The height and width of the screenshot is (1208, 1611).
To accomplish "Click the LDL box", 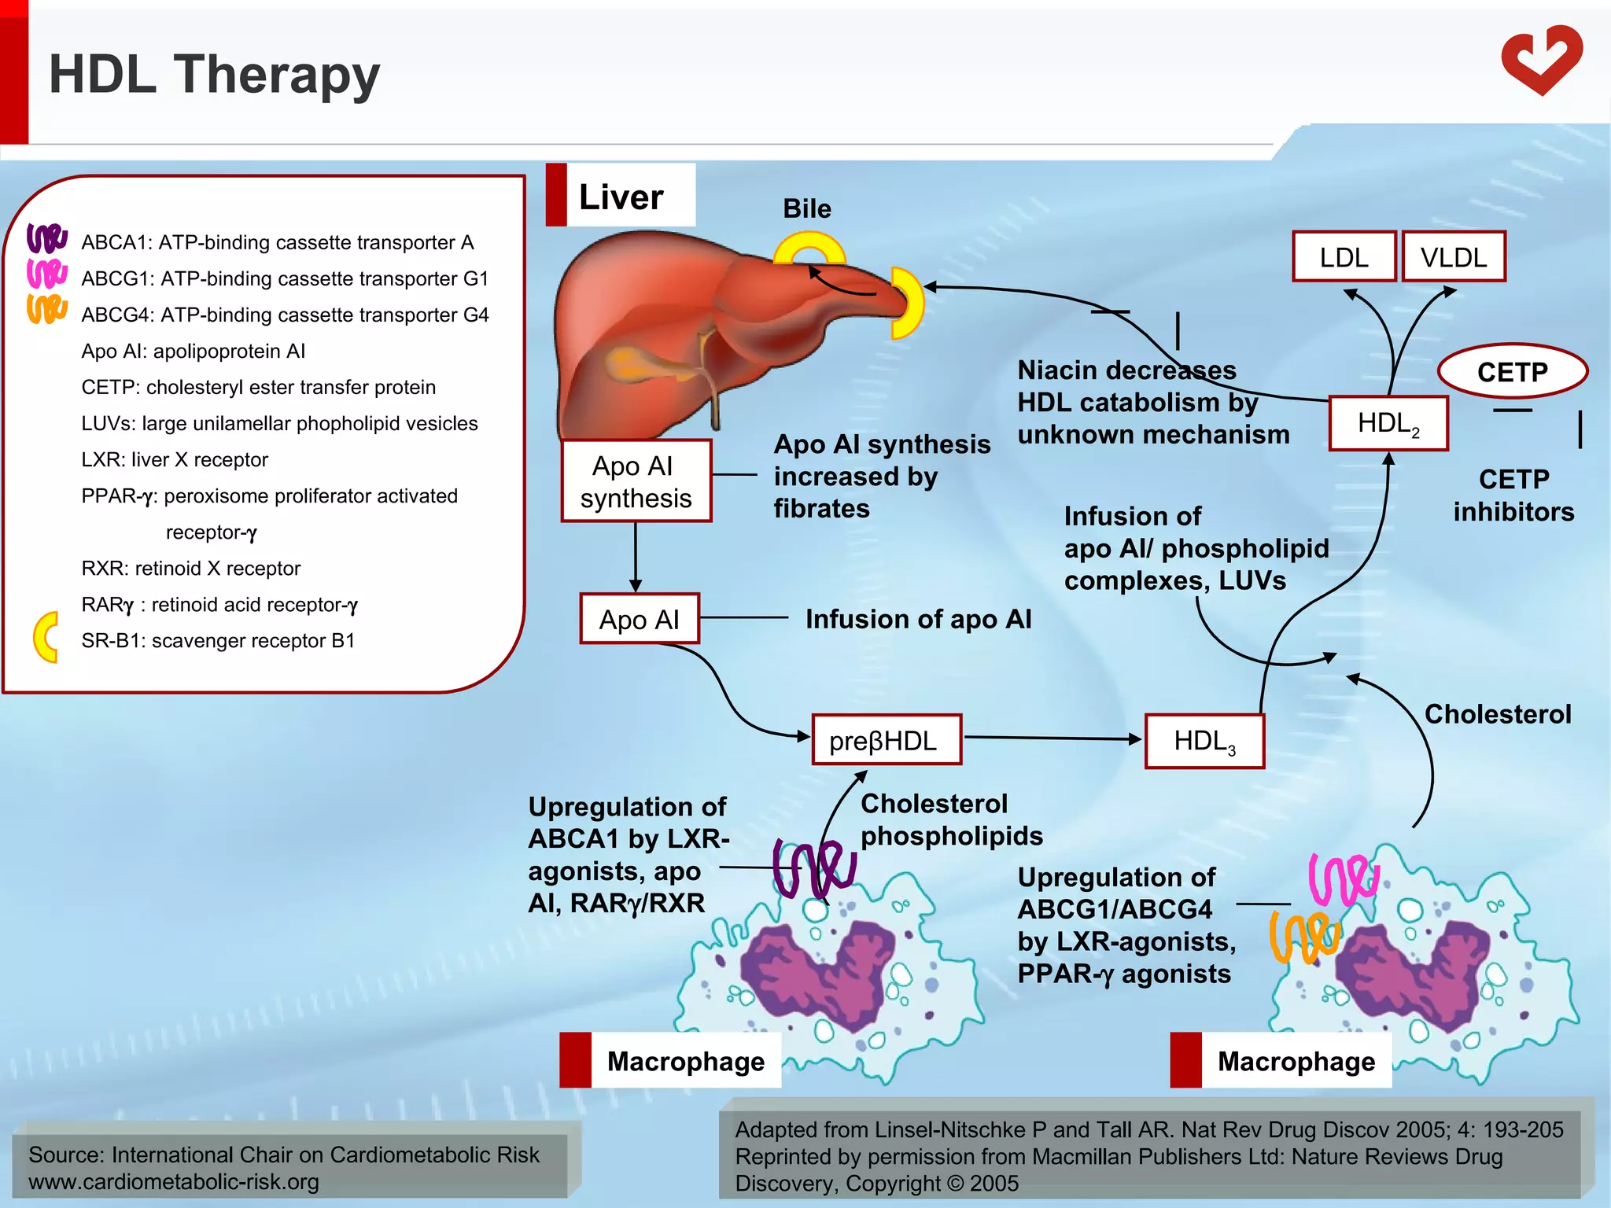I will click(x=1344, y=257).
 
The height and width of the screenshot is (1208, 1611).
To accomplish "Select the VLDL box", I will click(x=1453, y=257).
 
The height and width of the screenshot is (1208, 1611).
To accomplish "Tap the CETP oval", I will click(x=1512, y=371).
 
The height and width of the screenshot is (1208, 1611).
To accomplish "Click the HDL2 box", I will click(x=1388, y=424).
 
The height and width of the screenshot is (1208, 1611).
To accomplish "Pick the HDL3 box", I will click(x=1204, y=741).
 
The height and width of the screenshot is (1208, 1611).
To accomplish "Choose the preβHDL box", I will click(x=886, y=740).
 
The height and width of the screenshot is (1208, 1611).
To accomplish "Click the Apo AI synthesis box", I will click(x=636, y=481).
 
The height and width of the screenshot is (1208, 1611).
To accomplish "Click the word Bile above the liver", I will click(x=806, y=208).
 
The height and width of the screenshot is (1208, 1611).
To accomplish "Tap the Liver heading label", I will click(x=621, y=196).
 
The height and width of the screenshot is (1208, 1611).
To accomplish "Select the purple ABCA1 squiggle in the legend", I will click(x=46, y=238).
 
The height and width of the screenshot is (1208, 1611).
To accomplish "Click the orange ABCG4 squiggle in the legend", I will click(x=46, y=309).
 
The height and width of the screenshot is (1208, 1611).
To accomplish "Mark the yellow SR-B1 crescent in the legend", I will click(x=46, y=637).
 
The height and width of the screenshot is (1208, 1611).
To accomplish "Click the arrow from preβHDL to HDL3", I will click(x=1052, y=738).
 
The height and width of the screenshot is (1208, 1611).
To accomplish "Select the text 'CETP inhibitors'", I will click(x=1513, y=495).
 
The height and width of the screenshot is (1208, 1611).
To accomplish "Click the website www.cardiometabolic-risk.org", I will click(x=174, y=1182).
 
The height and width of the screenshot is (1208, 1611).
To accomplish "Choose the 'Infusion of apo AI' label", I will click(x=918, y=619).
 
